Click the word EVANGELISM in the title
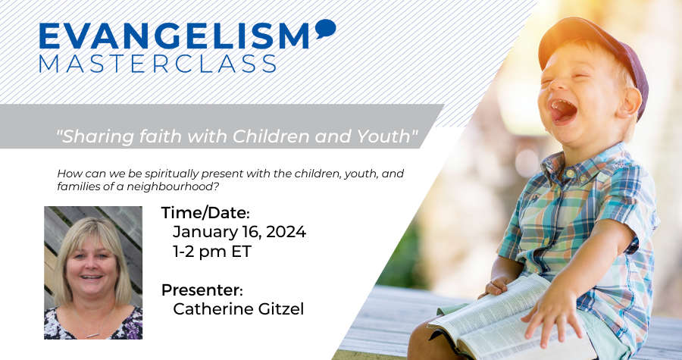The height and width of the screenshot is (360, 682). pyautogui.click(x=174, y=36)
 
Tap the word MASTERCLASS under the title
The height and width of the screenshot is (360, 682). pyautogui.click(x=158, y=64)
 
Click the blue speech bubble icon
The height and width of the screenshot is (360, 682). pyautogui.click(x=325, y=29)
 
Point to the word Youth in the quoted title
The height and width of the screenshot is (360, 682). pyautogui.click(x=383, y=136)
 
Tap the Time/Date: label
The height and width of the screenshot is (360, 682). pyautogui.click(x=205, y=213)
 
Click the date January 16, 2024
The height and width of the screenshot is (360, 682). pyautogui.click(x=239, y=232)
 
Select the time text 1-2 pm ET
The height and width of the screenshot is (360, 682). pyautogui.click(x=212, y=252)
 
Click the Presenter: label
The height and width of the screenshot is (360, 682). pyautogui.click(x=202, y=290)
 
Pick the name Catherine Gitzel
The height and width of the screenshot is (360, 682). pyautogui.click(x=239, y=309)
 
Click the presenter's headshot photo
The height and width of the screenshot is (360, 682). pyautogui.click(x=93, y=273)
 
